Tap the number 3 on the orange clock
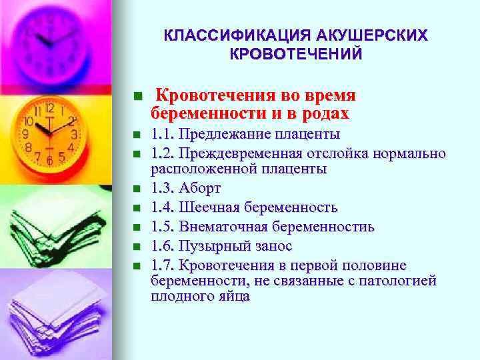coord(75,134)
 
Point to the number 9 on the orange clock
coord(26,133)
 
